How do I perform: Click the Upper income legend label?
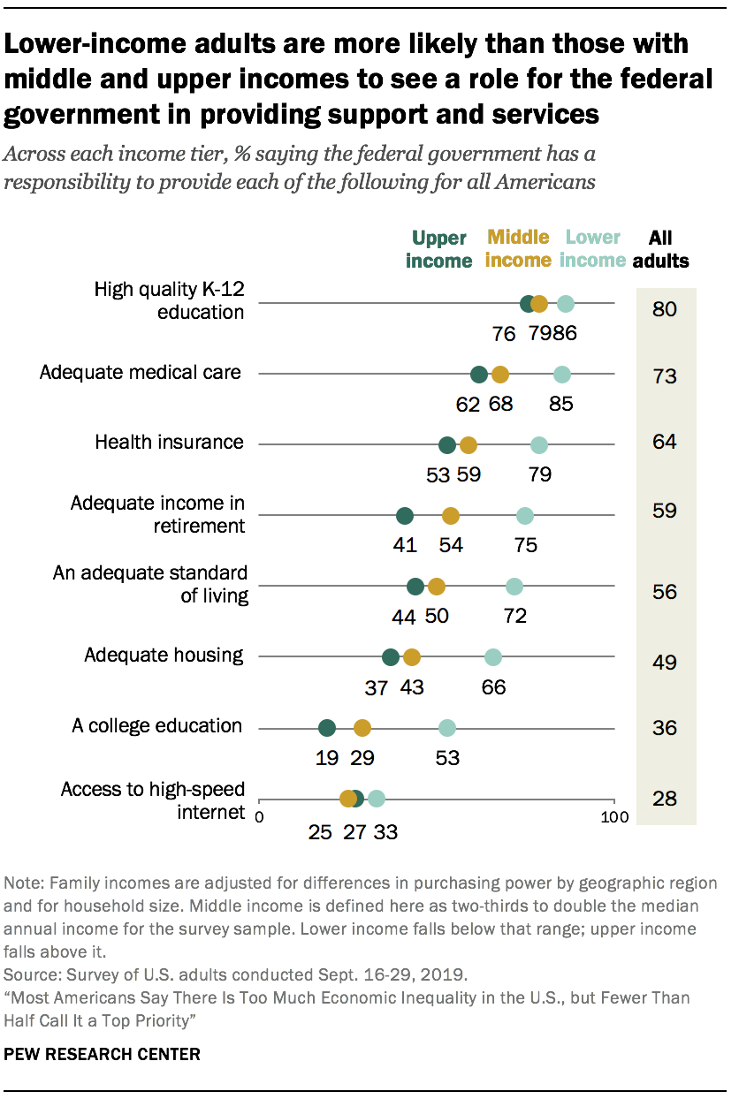pos(439,249)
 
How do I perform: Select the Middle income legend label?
pos(518,248)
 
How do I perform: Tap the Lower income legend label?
pos(593,248)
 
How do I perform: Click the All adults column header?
pos(667,249)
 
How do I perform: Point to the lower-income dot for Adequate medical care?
pos(561,375)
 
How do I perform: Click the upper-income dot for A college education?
pos(327,728)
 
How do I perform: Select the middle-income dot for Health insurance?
pos(469,445)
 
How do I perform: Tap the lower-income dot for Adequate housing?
pos(493,657)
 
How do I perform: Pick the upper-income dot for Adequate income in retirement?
pos(405,516)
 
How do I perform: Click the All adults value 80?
pos(665,310)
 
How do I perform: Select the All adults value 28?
pos(665,800)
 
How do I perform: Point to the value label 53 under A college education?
pos(447,757)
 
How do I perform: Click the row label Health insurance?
pos(169,443)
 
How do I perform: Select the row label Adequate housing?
pos(164,655)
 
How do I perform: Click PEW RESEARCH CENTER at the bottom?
pos(103,1055)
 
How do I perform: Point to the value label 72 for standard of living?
pos(514,616)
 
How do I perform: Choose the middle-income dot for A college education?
pos(362,728)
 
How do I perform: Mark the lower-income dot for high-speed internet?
pos(377,799)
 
